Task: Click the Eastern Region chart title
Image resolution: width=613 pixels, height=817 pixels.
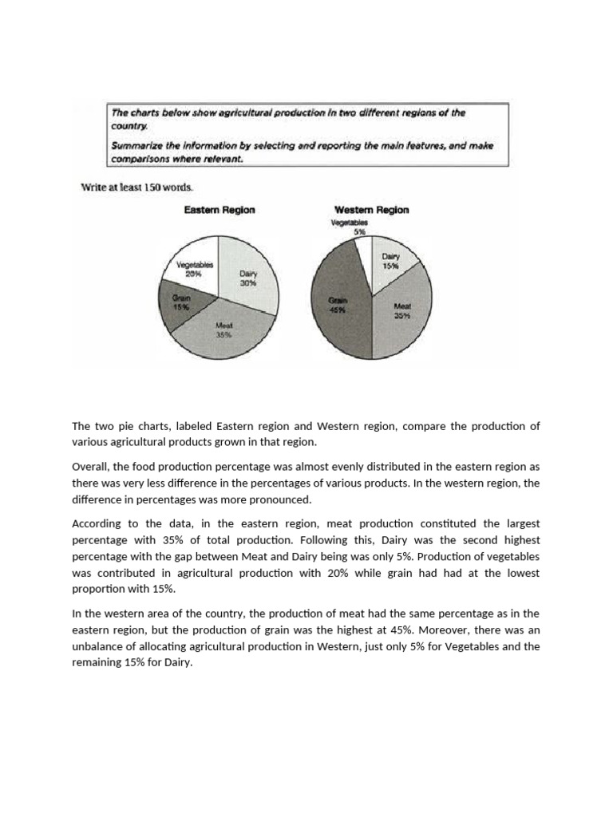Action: click(x=219, y=210)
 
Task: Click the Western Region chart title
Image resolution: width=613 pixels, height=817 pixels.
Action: click(x=371, y=210)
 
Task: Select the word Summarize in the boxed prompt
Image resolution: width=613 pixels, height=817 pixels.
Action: click(x=136, y=145)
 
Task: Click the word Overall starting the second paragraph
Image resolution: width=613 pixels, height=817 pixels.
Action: click(x=90, y=465)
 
